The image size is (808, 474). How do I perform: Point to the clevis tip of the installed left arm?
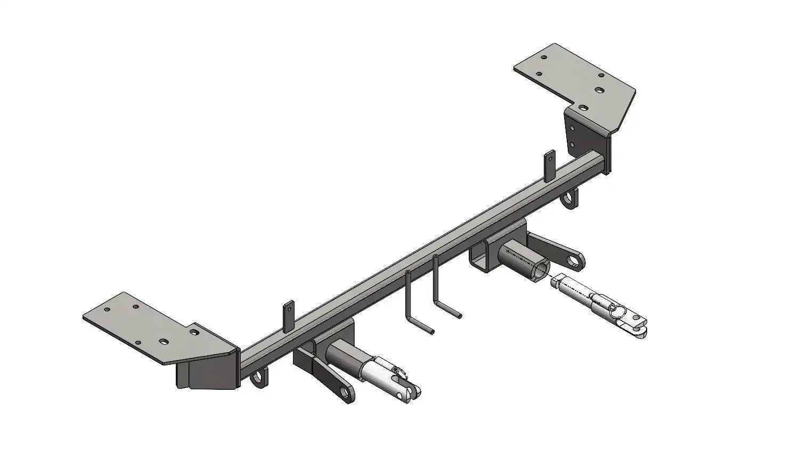[412, 393]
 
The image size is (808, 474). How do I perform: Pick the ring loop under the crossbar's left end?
[259, 378]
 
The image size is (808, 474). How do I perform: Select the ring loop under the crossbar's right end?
[571, 200]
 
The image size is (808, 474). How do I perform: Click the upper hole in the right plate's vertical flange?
[572, 128]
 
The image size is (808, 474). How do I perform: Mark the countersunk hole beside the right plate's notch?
[583, 108]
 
